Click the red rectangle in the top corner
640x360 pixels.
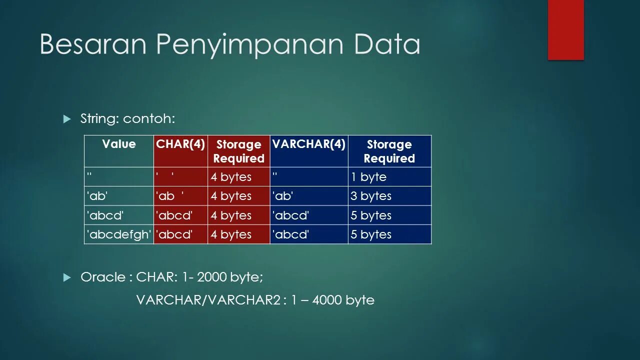click(565, 29)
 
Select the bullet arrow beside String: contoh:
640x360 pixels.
click(68, 119)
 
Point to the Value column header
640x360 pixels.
click(119, 144)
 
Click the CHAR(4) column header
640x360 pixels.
click(180, 144)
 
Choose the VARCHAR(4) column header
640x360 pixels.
click(308, 144)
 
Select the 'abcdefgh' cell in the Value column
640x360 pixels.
click(119, 234)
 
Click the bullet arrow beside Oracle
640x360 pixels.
click(68, 277)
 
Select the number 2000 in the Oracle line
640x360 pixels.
click(211, 277)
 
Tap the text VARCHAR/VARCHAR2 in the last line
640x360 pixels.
click(207, 300)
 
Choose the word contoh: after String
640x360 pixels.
click(149, 119)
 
